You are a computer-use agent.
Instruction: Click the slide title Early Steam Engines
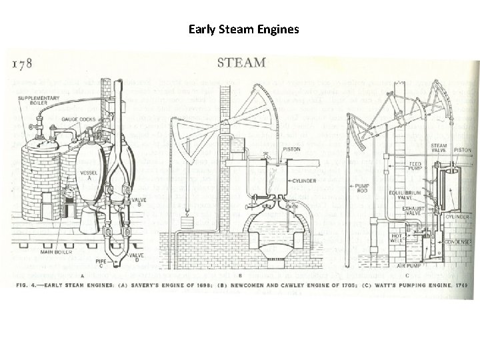click(x=243, y=29)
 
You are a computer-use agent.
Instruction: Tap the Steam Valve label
click(x=438, y=148)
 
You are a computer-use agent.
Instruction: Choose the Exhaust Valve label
click(x=417, y=210)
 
